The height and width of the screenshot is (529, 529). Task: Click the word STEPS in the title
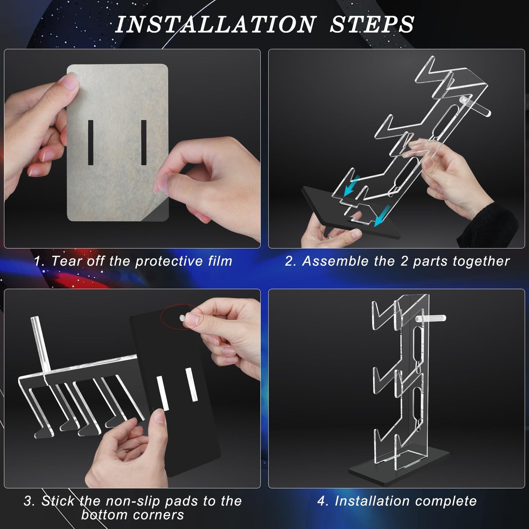click(x=372, y=25)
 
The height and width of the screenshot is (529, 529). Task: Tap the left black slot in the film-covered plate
click(x=90, y=142)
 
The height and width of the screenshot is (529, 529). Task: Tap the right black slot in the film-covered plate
click(x=144, y=142)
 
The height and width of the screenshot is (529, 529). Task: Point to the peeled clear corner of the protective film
click(x=159, y=212)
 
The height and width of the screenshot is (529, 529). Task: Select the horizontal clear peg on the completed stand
click(x=431, y=318)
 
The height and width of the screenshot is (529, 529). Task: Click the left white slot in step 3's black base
click(x=163, y=394)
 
